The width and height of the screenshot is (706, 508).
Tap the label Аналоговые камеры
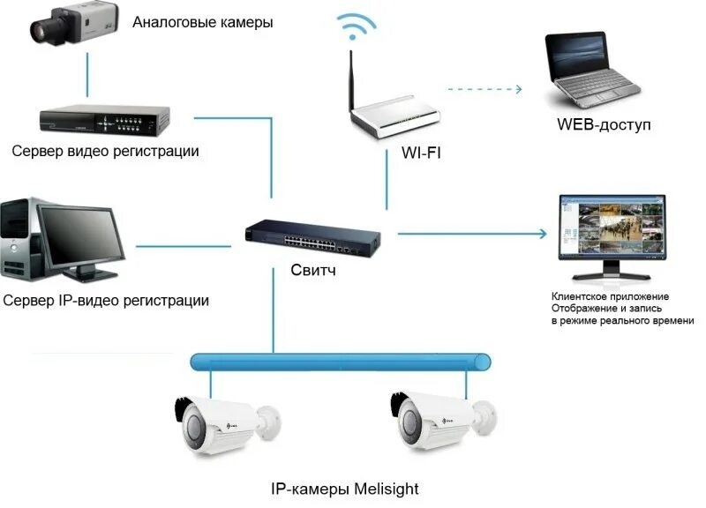(202, 22)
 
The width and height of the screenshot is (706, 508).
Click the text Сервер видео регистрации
(106, 151)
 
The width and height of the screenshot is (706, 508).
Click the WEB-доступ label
(604, 124)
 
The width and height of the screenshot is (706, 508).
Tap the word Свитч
(313, 270)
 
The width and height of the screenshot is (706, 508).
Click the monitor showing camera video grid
(608, 229)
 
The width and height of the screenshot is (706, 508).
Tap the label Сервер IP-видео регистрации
(106, 301)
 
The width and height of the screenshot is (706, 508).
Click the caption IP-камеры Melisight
(344, 488)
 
